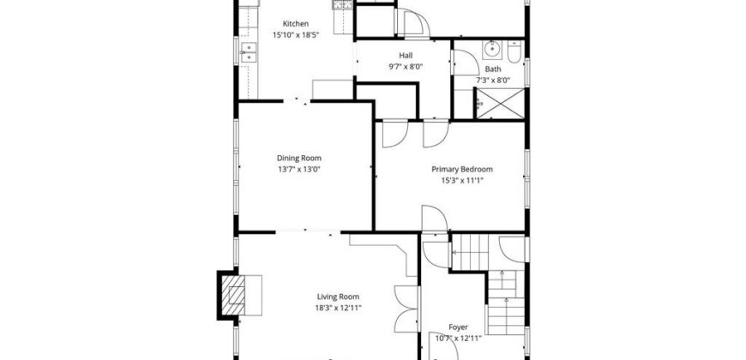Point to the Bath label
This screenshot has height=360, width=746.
tap(492, 69)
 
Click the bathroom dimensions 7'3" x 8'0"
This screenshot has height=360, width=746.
tap(492, 81)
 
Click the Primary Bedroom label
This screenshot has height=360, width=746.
tap(461, 170)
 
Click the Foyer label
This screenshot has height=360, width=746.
tap(459, 327)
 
